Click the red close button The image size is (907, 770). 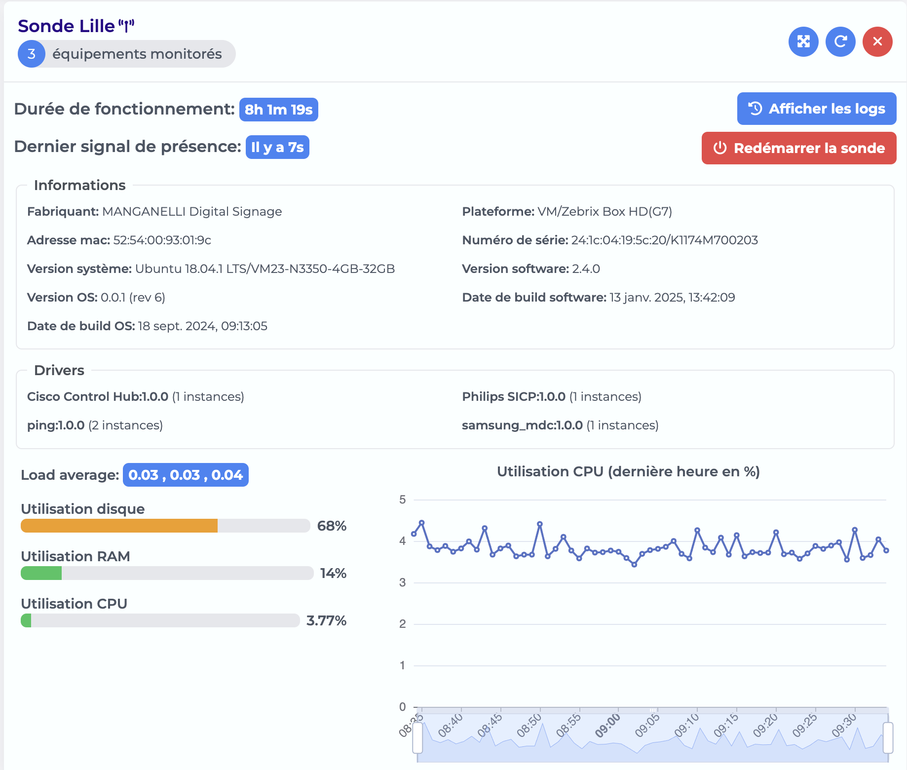pyautogui.click(x=877, y=41)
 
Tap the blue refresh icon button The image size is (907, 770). pyautogui.click(x=840, y=41)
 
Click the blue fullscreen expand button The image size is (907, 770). pyautogui.click(x=803, y=41)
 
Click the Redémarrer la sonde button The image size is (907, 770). pyautogui.click(x=799, y=148)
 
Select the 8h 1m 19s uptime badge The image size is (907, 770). pyautogui.click(x=279, y=110)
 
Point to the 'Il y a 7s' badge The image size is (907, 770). pyautogui.click(x=277, y=147)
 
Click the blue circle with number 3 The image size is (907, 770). pyautogui.click(x=32, y=54)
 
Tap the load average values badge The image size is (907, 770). pyautogui.click(x=186, y=475)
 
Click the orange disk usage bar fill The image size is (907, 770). pyautogui.click(x=119, y=526)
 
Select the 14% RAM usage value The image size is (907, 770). pyautogui.click(x=333, y=573)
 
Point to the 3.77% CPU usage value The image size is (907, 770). pyautogui.click(x=326, y=620)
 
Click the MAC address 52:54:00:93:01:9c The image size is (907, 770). pyautogui.click(x=162, y=240)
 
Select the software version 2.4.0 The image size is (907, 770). pyautogui.click(x=586, y=269)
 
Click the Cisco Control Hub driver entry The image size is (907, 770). pyautogui.click(x=136, y=396)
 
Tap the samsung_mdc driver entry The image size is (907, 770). pyautogui.click(x=560, y=425)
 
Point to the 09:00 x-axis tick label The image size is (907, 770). pyautogui.click(x=607, y=726)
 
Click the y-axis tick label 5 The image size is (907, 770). pyautogui.click(x=403, y=500)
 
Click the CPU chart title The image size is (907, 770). pyautogui.click(x=628, y=471)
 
